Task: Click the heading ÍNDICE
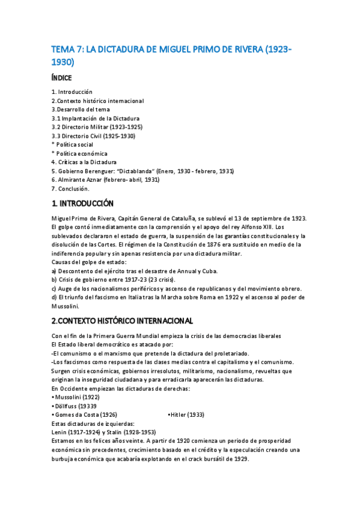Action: [x=62, y=78]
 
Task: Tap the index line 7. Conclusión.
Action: [x=70, y=188]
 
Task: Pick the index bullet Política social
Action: [x=73, y=144]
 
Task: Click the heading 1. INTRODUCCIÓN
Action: [x=82, y=203]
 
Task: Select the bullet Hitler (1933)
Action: [x=187, y=414]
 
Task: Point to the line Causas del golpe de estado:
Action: [x=89, y=262]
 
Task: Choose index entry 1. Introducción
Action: [x=72, y=92]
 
